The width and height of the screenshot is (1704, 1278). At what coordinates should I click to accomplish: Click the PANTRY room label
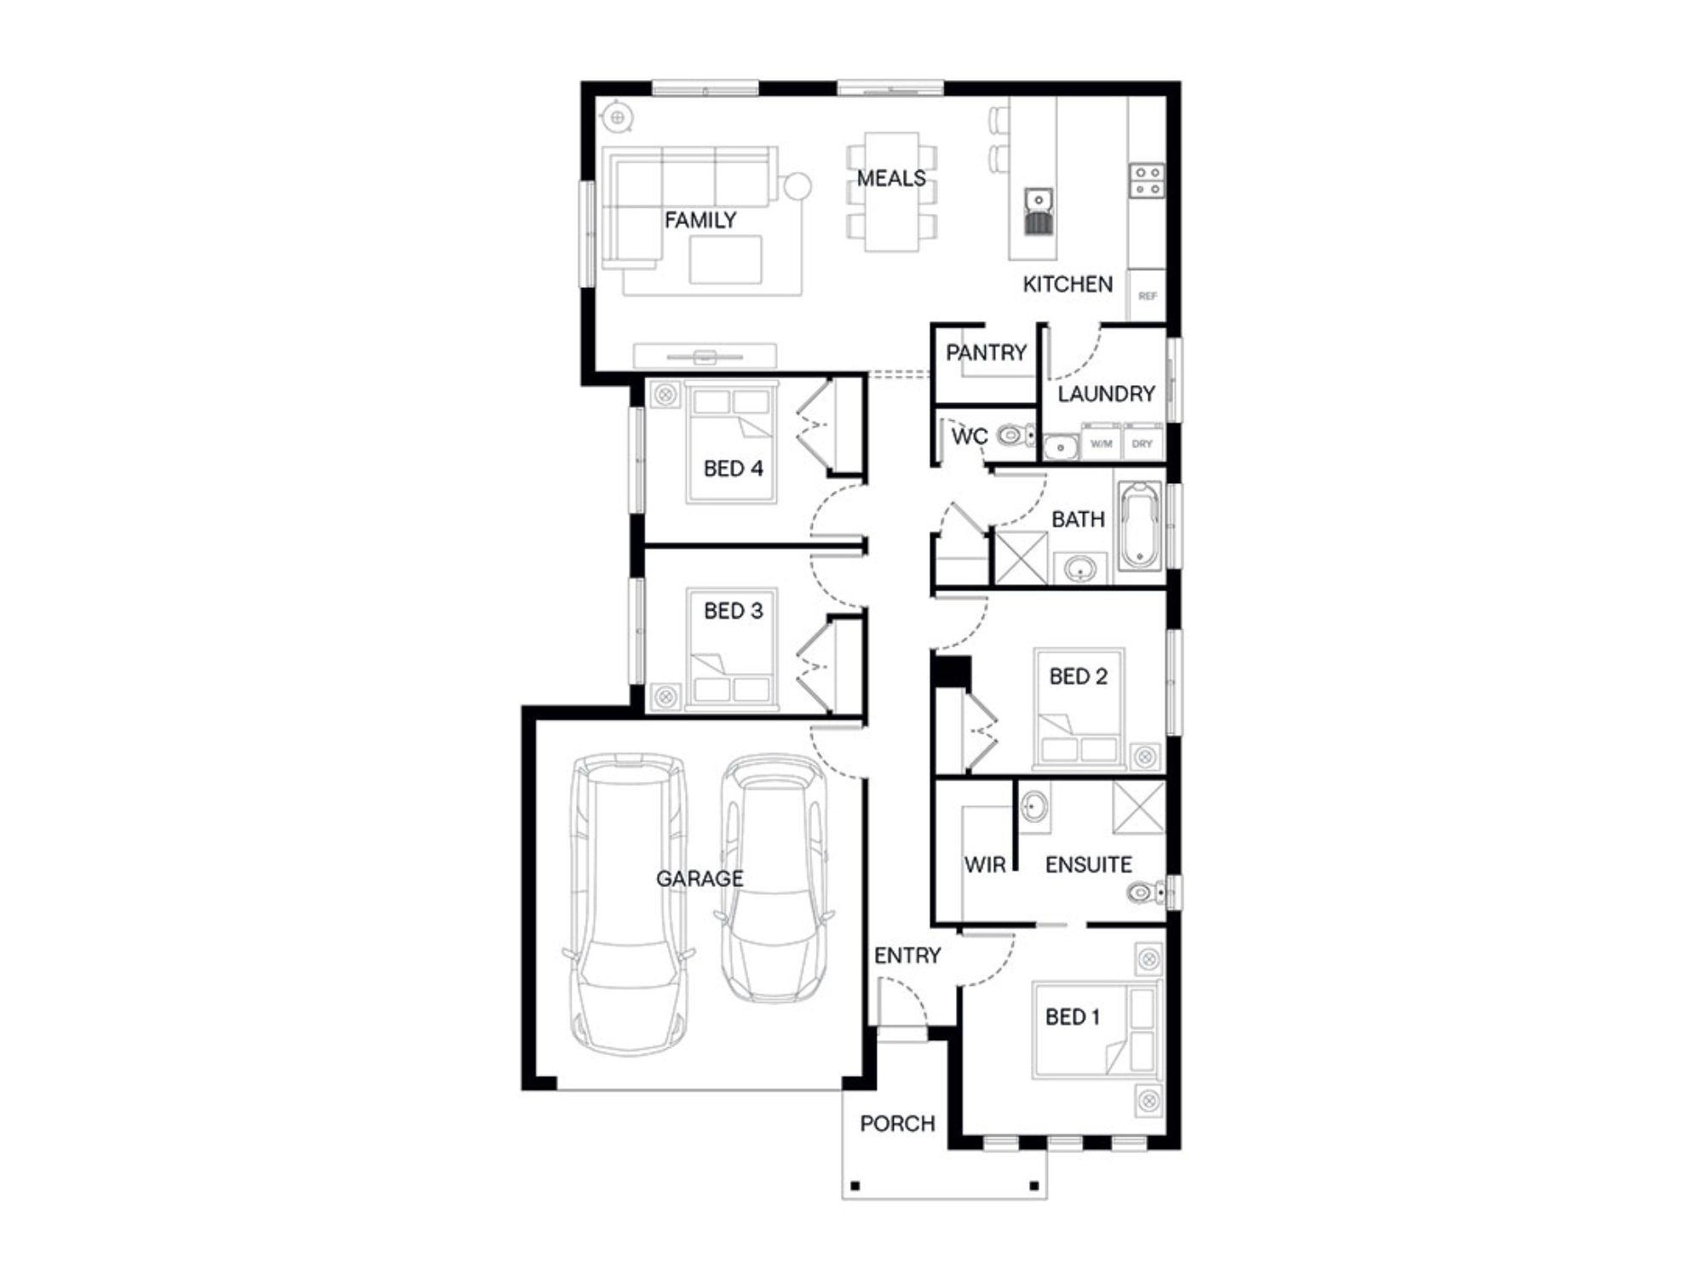[986, 352]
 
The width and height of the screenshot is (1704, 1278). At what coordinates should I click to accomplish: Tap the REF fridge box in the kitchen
[1147, 296]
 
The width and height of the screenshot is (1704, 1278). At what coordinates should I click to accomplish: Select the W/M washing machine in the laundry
[1101, 444]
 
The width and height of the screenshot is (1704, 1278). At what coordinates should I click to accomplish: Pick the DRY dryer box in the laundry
[1143, 444]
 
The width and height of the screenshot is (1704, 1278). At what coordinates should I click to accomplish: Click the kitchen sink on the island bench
[1039, 210]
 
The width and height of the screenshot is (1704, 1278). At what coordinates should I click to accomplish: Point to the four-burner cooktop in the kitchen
[1147, 181]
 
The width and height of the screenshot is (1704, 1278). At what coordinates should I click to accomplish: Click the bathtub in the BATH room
[1139, 527]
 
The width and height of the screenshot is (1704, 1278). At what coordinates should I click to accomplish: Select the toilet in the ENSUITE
[1147, 893]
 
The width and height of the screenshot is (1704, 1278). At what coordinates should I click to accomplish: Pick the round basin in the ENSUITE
[1035, 805]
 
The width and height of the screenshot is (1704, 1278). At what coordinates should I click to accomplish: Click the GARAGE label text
[699, 878]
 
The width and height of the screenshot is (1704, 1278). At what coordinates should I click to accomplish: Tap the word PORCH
[897, 1124]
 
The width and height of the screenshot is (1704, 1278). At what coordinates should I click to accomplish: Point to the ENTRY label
[907, 955]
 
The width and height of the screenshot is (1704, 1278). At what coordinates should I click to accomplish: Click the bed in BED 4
[732, 443]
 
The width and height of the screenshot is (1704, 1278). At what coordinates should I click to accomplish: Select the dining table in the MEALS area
[891, 192]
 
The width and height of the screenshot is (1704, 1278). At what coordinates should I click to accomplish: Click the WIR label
[985, 865]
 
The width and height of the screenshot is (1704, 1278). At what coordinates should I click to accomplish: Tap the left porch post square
[855, 1186]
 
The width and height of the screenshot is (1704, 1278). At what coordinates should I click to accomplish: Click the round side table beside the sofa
[797, 186]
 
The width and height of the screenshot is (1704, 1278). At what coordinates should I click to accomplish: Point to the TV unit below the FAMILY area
[705, 356]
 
